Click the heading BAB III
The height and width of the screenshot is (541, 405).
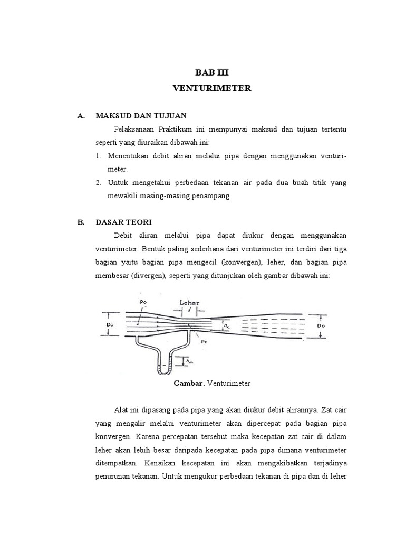[x=212, y=73]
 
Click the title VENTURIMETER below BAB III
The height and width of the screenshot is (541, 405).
[x=212, y=89]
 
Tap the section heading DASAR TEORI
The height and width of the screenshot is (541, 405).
[x=123, y=222]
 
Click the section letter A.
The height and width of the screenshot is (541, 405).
[x=81, y=115]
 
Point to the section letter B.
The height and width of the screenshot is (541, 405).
[x=81, y=222]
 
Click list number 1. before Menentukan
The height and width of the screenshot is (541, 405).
[x=99, y=156]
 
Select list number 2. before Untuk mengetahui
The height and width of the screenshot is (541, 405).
[x=99, y=183]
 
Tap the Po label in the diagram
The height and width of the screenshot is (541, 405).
[x=143, y=302]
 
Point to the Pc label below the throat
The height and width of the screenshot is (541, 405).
[x=204, y=341]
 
